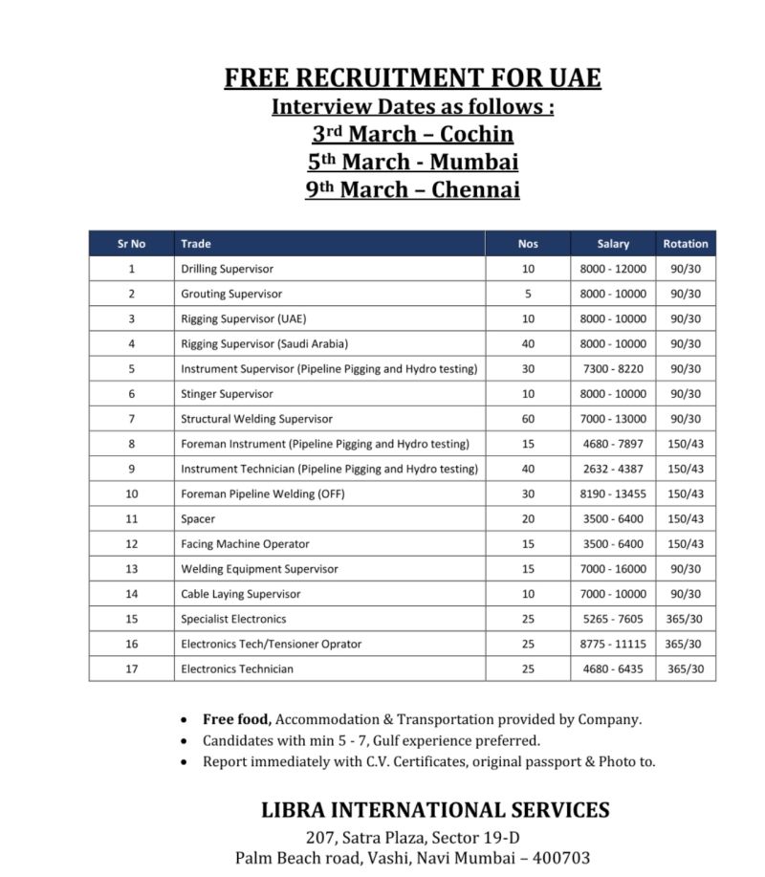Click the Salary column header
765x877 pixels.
[x=613, y=244]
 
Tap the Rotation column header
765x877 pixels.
[x=686, y=244]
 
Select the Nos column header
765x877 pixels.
[x=528, y=244]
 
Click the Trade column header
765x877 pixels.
[x=196, y=244]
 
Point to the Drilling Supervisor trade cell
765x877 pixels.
[x=227, y=269]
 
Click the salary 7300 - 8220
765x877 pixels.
[x=613, y=368]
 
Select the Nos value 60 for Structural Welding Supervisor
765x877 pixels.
[x=528, y=419]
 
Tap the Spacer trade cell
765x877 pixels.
[x=198, y=518]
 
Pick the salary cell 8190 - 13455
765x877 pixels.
[x=613, y=493]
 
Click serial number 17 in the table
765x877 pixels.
[x=132, y=669]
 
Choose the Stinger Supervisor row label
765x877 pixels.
[x=227, y=394]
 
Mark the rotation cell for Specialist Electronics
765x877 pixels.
[x=686, y=619]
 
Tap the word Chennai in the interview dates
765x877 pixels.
[x=475, y=189]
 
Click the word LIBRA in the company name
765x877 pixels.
[x=294, y=810]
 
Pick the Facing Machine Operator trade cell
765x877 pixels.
[x=245, y=543]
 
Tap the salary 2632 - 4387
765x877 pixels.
[x=613, y=469]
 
